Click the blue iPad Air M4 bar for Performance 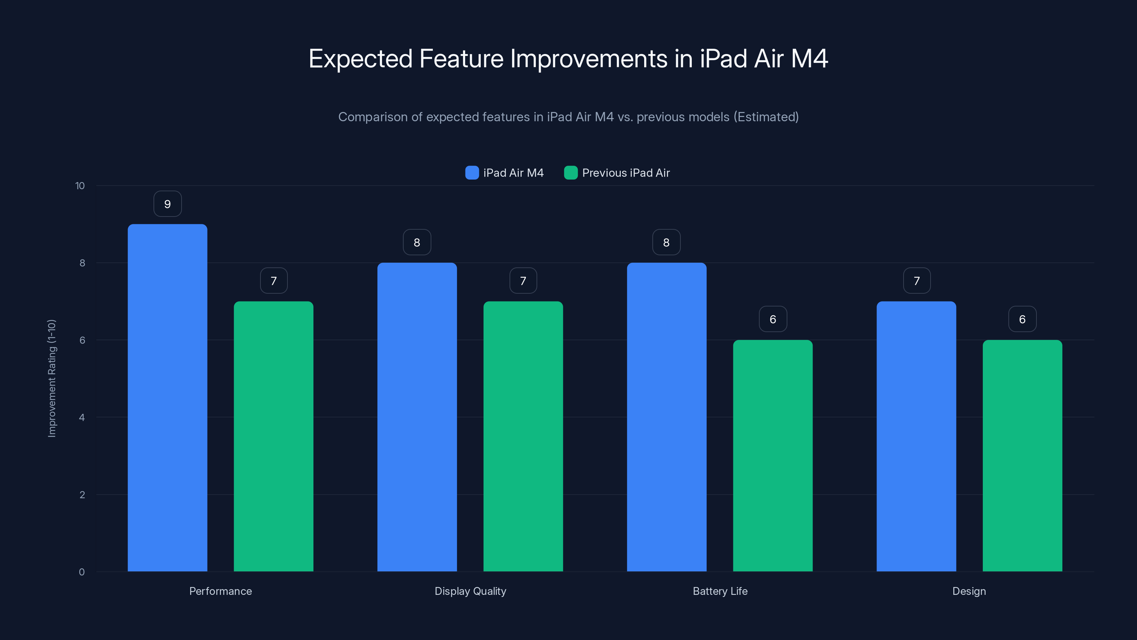167,398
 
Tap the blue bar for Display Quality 417,417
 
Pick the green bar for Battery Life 772,455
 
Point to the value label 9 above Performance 167,204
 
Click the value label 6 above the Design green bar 1022,319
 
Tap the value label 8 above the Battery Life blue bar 666,242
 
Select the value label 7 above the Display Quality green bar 523,281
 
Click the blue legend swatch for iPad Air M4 472,173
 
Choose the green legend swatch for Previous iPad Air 571,173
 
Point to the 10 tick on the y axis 80,186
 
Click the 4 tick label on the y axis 82,417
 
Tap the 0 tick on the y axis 82,572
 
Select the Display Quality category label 470,591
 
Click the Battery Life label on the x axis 720,591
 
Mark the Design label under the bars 969,591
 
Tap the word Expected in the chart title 360,59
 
